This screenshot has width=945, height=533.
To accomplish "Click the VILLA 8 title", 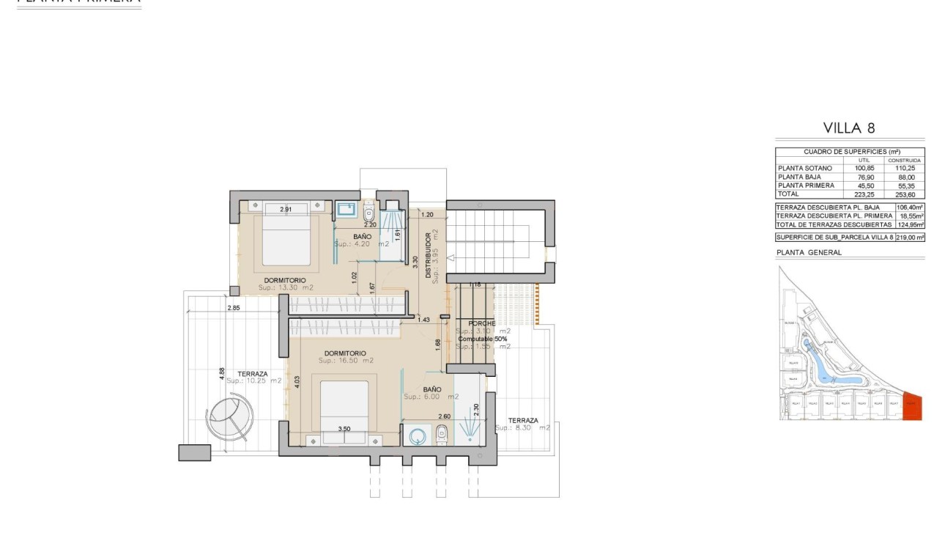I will pyautogui.click(x=850, y=128).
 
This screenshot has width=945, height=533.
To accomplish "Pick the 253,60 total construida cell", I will pyautogui.click(x=904, y=194).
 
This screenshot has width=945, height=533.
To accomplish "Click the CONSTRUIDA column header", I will pyautogui.click(x=904, y=160).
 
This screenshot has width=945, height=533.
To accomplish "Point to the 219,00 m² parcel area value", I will pyautogui.click(x=909, y=238).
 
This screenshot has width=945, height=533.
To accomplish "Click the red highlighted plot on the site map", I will pyautogui.click(x=912, y=408).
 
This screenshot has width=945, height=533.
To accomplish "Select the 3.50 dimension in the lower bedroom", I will pyautogui.click(x=344, y=429).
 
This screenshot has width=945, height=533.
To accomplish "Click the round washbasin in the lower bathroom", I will pyautogui.click(x=418, y=435).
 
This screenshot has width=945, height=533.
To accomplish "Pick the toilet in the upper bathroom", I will pyautogui.click(x=369, y=211).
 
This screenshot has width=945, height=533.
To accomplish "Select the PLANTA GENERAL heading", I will pyautogui.click(x=809, y=252).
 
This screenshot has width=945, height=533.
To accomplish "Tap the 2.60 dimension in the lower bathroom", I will pyautogui.click(x=444, y=416).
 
